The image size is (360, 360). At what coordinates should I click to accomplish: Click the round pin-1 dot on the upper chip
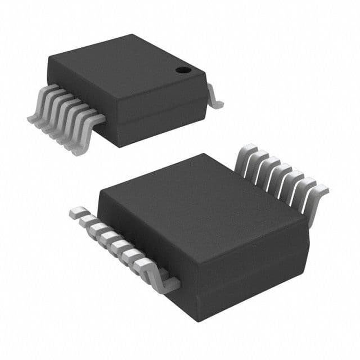[182, 70]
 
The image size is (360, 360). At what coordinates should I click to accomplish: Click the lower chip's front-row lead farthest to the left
[75, 213]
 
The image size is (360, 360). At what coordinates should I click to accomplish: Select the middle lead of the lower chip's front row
[115, 242]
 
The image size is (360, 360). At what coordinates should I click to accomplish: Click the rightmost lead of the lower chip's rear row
[321, 197]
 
